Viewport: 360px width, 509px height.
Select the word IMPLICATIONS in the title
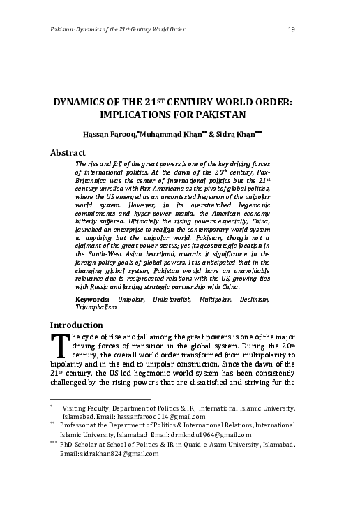click(142, 115)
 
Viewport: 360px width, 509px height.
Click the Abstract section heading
click(68, 152)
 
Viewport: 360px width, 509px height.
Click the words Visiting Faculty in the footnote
click(87, 408)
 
